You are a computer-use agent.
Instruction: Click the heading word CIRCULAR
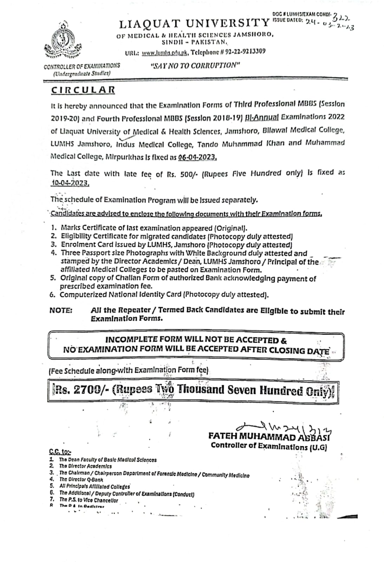pos(83,90)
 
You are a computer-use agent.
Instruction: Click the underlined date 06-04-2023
pos(197,157)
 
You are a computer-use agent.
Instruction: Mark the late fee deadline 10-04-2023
pos(69,183)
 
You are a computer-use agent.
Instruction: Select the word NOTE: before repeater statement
pos(61,311)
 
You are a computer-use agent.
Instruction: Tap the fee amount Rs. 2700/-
pos(80,390)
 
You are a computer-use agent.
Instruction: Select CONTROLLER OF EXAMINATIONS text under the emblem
pos(82,66)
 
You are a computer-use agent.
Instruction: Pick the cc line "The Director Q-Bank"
pos(81,479)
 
